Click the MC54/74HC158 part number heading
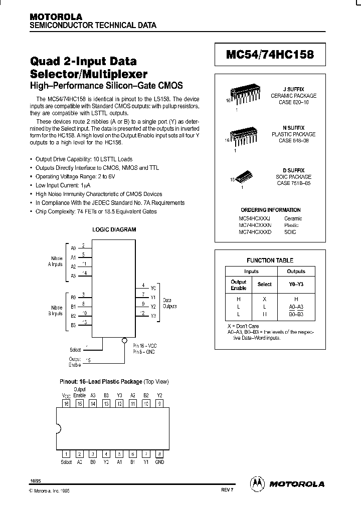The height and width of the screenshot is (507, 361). coord(270,55)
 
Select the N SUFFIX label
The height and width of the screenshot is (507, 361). coord(294,128)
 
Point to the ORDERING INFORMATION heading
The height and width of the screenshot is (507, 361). coord(270,210)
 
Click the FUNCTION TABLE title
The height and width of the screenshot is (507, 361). coord(270,261)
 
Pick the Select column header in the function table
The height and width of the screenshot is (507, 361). coord(264,284)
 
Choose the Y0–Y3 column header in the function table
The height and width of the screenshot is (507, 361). coord(296,284)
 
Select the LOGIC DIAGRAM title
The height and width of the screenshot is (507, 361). coord(114,229)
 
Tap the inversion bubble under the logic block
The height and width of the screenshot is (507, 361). coord(124,339)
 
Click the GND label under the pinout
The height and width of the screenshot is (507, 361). coord(159,462)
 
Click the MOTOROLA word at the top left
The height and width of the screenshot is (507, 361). coord(52,17)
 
